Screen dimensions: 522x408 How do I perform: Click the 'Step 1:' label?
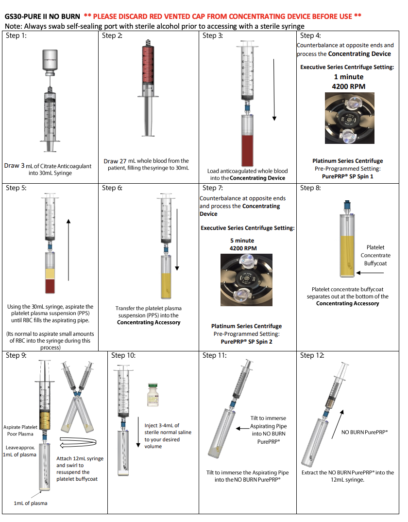coord(16,35)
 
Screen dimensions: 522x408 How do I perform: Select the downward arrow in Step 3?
coord(274,90)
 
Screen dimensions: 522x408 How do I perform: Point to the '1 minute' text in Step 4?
coord(348,77)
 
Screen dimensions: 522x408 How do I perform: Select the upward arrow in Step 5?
coord(69,250)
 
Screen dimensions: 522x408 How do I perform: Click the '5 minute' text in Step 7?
coord(242,241)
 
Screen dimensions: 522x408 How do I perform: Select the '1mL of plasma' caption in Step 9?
coord(32,503)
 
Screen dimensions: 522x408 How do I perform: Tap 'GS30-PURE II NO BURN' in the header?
coord(42,16)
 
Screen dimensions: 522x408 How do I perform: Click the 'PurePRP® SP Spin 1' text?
coord(347,176)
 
